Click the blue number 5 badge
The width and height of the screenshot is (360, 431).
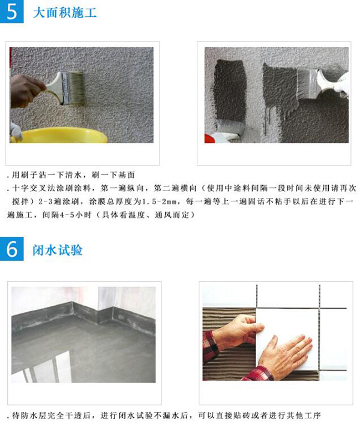pyautogui.click(x=11, y=11)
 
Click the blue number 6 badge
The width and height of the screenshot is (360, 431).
pyautogui.click(x=11, y=249)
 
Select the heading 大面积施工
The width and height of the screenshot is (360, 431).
pyautogui.click(x=65, y=13)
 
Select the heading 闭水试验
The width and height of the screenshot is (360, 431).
pyautogui.click(x=58, y=250)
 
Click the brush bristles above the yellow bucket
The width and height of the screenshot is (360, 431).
pyautogui.click(x=74, y=88)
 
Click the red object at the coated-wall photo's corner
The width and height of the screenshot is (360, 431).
pyautogui.click(x=208, y=138)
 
